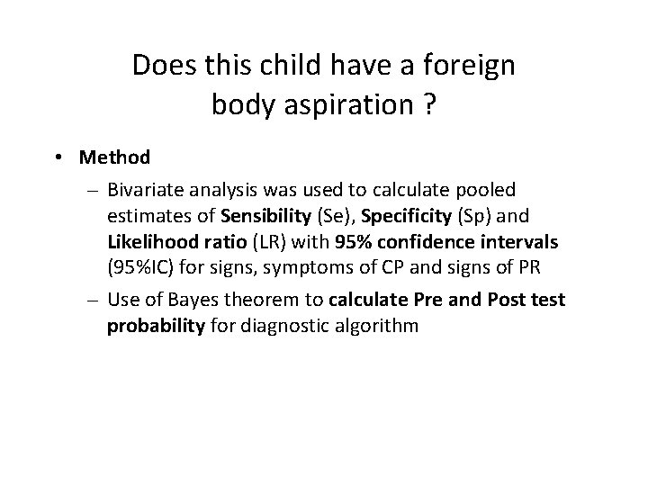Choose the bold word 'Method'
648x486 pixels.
pyautogui.click(x=114, y=157)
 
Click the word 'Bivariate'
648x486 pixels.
pyautogui.click(x=145, y=191)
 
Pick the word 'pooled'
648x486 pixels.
pyautogui.click(x=484, y=191)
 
